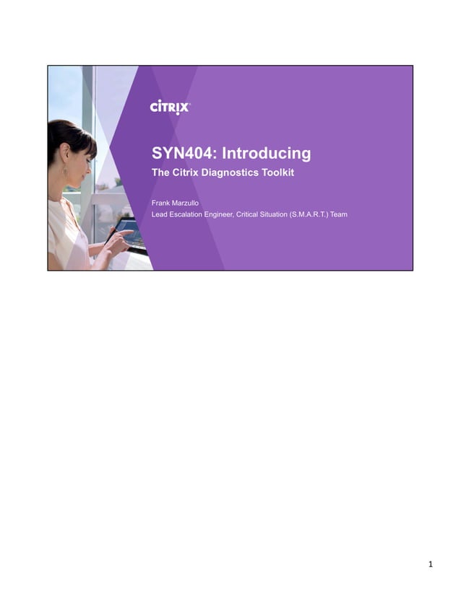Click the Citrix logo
pyautogui.click(x=170, y=107)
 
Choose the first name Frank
pyautogui.click(x=161, y=203)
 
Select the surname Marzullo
pyautogui.click(x=191, y=203)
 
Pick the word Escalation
pyautogui.click(x=186, y=214)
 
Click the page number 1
pyautogui.click(x=430, y=564)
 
